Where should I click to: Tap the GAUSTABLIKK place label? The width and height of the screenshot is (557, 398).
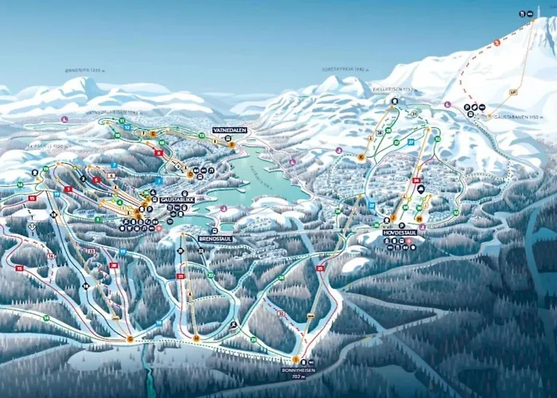tap(177, 200)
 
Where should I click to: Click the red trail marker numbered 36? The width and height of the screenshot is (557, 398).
tap(416, 181)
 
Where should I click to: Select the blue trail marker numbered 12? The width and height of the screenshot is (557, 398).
tap(127, 127)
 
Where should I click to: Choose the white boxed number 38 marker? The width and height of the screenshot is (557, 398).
tap(380, 132)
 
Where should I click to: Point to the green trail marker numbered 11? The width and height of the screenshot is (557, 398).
tap(121, 120)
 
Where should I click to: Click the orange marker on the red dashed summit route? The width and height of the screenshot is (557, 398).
tap(497, 42)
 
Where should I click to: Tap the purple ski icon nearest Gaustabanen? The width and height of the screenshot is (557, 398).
tap(447, 104)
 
